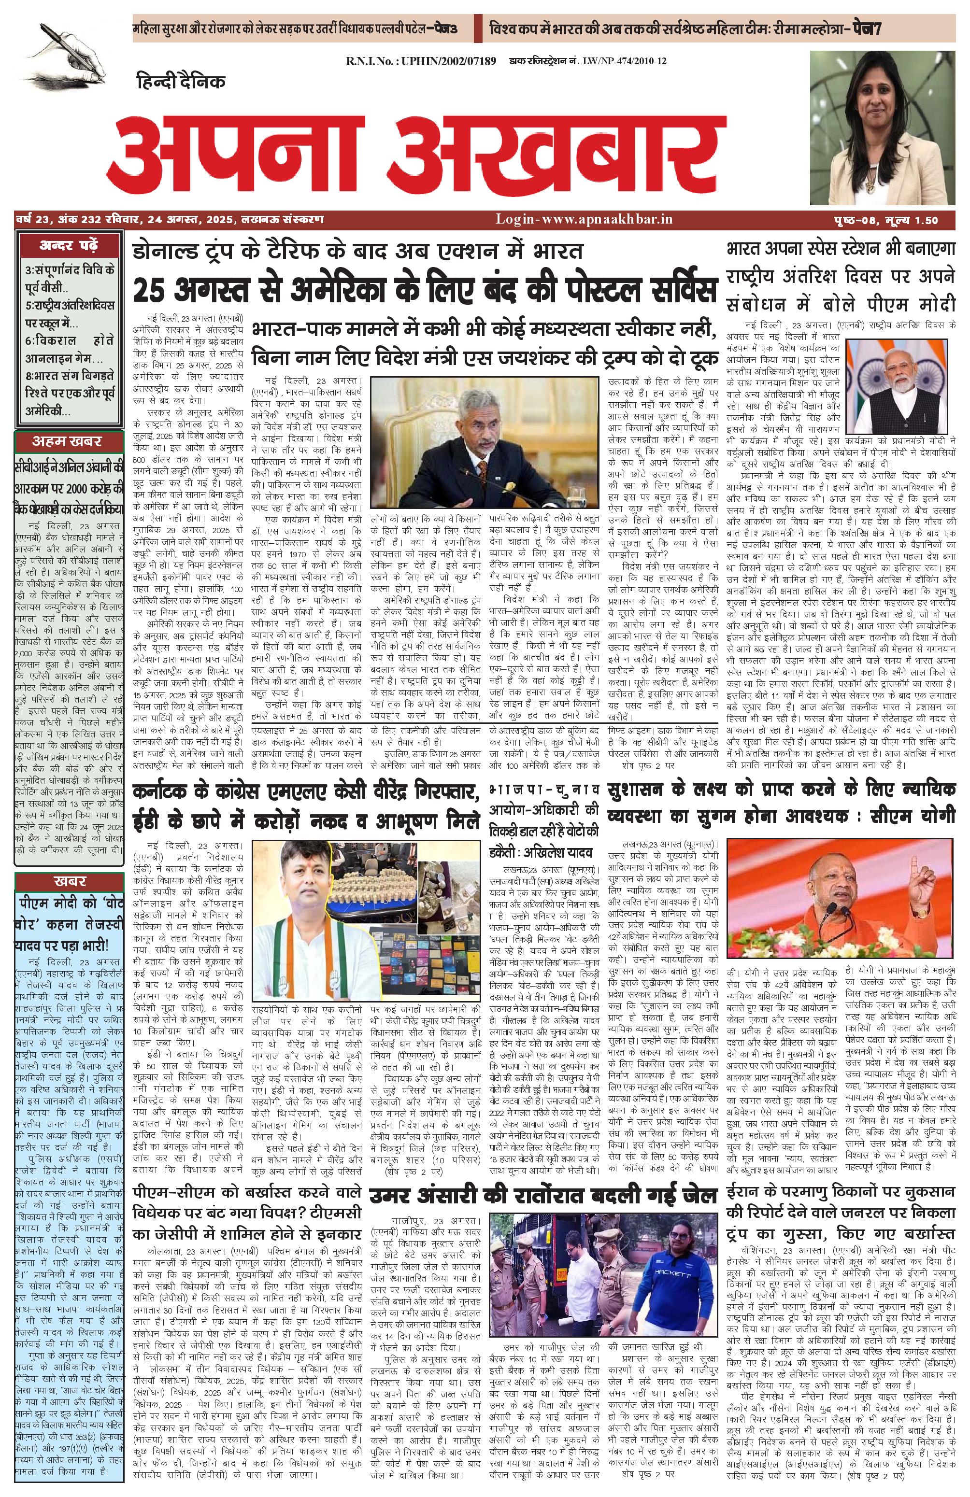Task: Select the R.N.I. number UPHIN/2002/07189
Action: (x=421, y=61)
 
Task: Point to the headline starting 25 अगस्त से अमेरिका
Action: (x=425, y=291)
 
